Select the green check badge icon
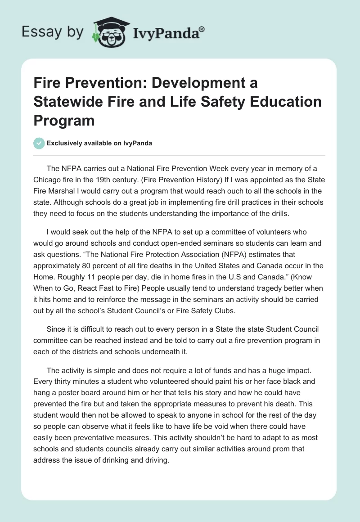(39, 143)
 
